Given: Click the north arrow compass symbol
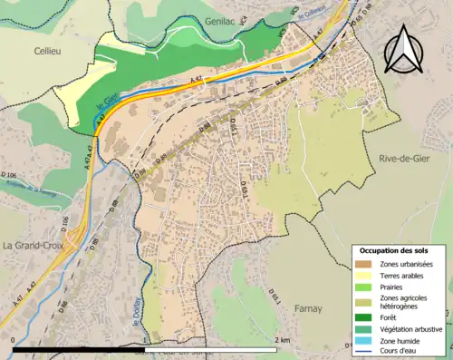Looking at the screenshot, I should [x=403, y=48].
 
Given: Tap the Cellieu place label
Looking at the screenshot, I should [x=49, y=52].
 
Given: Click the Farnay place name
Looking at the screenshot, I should [x=308, y=308].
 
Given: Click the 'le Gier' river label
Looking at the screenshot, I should [x=107, y=113].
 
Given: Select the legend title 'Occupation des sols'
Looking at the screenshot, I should [x=394, y=250].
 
